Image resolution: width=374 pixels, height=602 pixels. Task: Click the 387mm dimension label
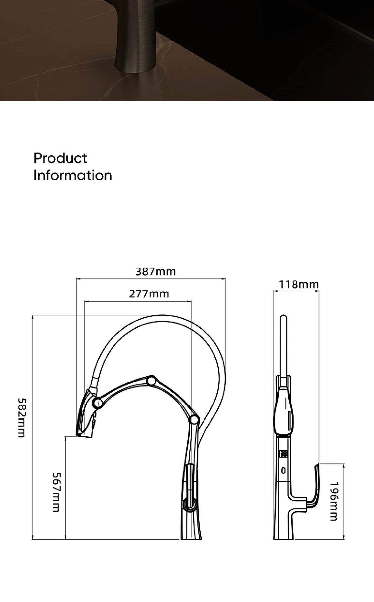coord(156,272)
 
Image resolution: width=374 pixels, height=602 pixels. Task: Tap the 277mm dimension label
coord(149,294)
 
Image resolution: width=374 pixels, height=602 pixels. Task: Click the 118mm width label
coord(298,285)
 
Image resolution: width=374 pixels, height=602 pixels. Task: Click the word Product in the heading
coord(60,158)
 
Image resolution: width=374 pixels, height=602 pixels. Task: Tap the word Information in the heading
coord(73,175)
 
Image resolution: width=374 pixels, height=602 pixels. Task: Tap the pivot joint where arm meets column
coord(194,426)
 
